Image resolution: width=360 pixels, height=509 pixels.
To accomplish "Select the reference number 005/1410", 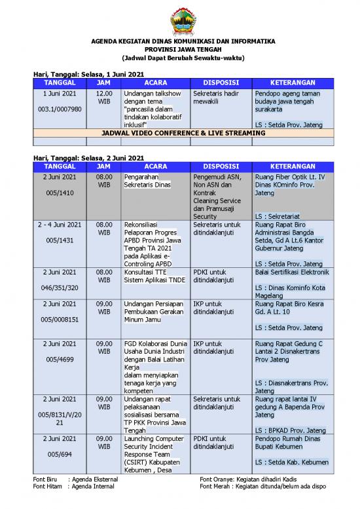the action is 60,193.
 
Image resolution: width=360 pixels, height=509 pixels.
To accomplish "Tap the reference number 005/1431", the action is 60,240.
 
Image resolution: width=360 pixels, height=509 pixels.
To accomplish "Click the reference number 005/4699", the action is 60,359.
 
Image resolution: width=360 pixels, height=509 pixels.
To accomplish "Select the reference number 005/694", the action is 60,454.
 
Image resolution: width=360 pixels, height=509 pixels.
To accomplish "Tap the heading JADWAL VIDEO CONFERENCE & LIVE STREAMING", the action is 183,133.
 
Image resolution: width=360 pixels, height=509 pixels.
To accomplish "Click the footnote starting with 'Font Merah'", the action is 262,487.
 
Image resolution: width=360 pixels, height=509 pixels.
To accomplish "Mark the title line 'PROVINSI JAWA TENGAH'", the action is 183,49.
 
